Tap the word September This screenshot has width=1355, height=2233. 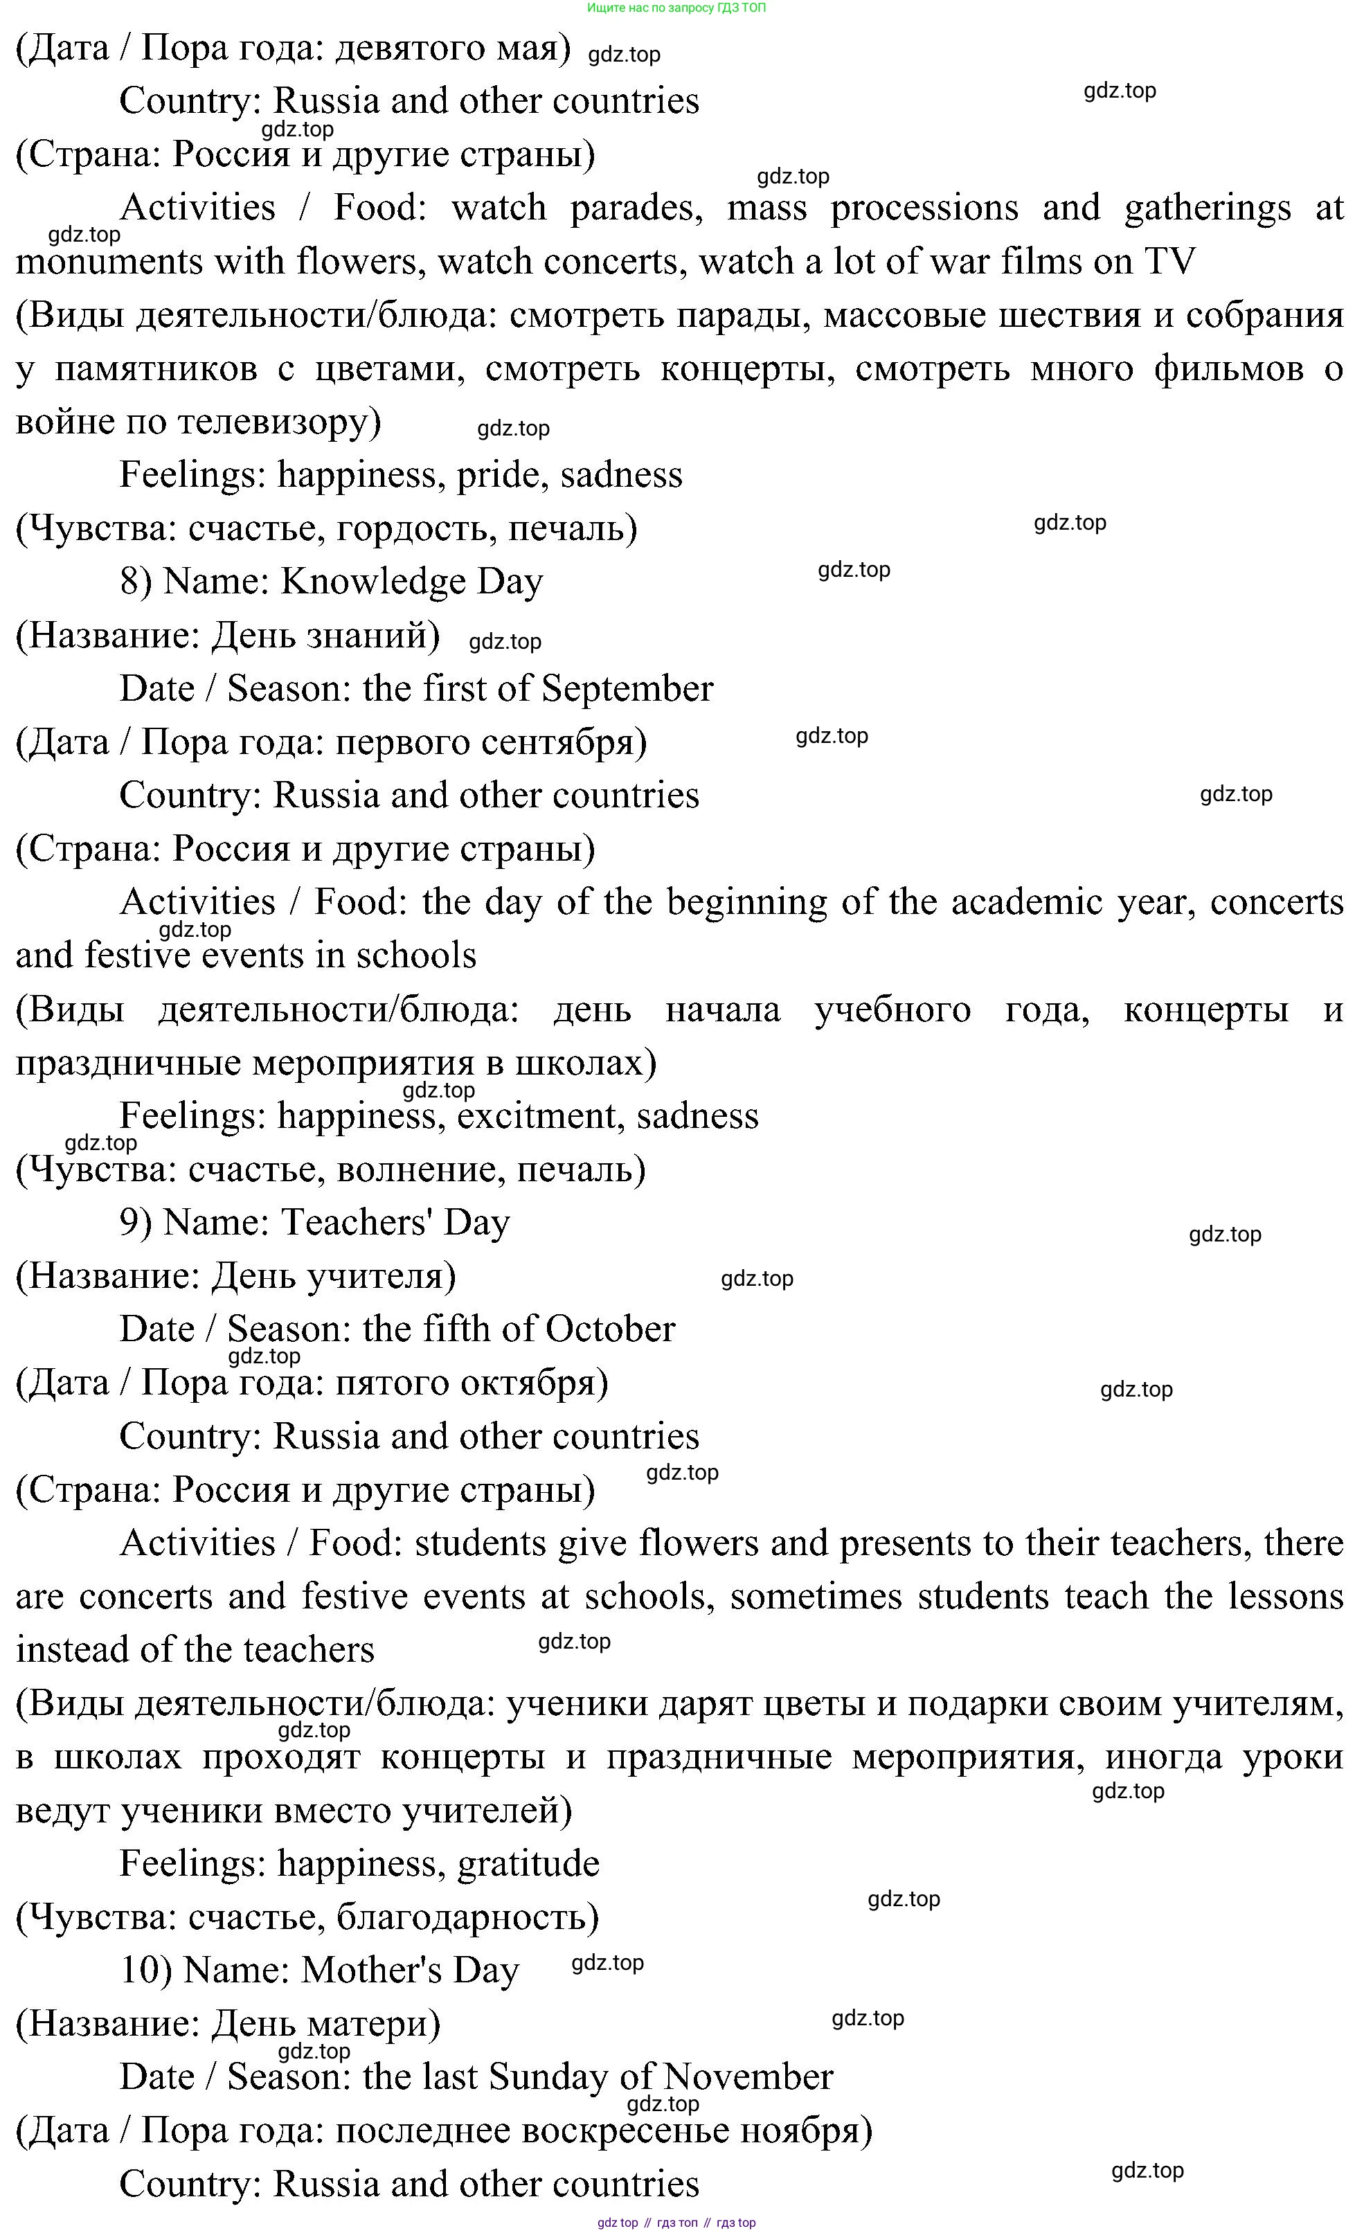click(x=627, y=689)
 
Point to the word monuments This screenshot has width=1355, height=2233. click(x=102, y=262)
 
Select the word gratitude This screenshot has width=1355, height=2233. click(x=528, y=1864)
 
